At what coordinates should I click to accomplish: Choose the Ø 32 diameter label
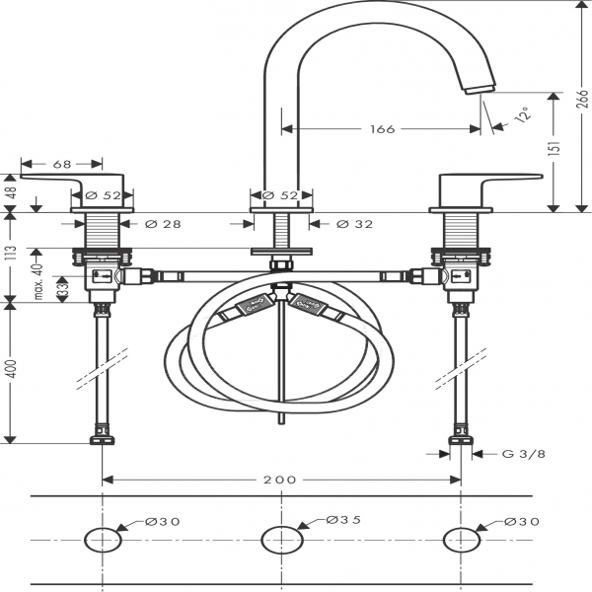click(354, 225)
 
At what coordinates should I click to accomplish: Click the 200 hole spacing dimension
click(280, 480)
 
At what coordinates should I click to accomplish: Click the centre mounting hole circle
click(281, 540)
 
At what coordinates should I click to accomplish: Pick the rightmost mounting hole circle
click(461, 540)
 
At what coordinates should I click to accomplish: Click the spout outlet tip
click(481, 91)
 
